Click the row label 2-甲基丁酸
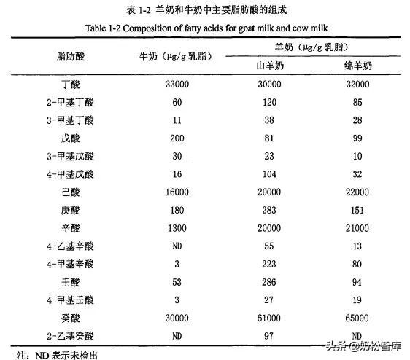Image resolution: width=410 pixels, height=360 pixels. pyautogui.click(x=73, y=103)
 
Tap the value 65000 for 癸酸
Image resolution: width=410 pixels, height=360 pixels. pyautogui.click(x=357, y=318)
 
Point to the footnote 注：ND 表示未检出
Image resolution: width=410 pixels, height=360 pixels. pyautogui.click(x=57, y=353)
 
